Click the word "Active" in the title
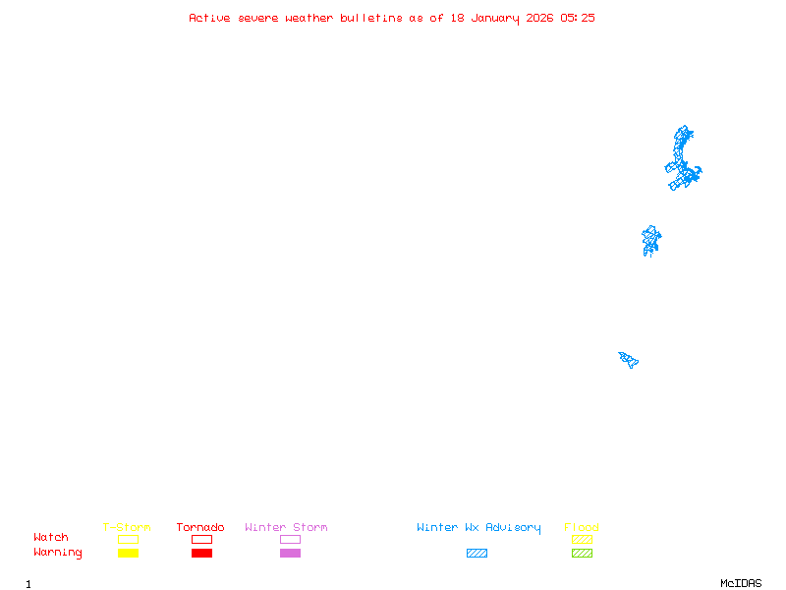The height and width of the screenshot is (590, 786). (x=209, y=18)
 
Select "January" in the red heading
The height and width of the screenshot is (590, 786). (x=495, y=19)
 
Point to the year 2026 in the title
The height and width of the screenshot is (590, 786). (x=539, y=18)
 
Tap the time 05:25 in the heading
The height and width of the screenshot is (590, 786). (x=578, y=18)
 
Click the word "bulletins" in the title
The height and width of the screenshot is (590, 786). (x=371, y=18)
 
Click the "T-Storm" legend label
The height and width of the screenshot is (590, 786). (x=127, y=527)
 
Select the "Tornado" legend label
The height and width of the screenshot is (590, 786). (x=200, y=527)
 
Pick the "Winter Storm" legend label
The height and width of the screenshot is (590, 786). (x=286, y=527)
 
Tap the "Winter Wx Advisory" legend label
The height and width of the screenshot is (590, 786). (x=478, y=528)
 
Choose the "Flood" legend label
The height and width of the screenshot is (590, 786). (x=581, y=527)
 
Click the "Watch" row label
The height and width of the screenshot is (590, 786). (x=51, y=537)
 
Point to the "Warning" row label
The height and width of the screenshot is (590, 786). (x=58, y=553)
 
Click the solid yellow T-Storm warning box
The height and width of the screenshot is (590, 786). (x=129, y=553)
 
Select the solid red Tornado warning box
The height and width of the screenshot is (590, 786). (x=202, y=553)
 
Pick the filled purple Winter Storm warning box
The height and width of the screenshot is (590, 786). (x=290, y=553)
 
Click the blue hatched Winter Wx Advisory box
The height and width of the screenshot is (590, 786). (x=477, y=553)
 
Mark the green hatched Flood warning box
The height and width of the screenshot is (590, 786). (x=582, y=553)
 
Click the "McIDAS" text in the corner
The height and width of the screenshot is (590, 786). (x=741, y=583)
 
